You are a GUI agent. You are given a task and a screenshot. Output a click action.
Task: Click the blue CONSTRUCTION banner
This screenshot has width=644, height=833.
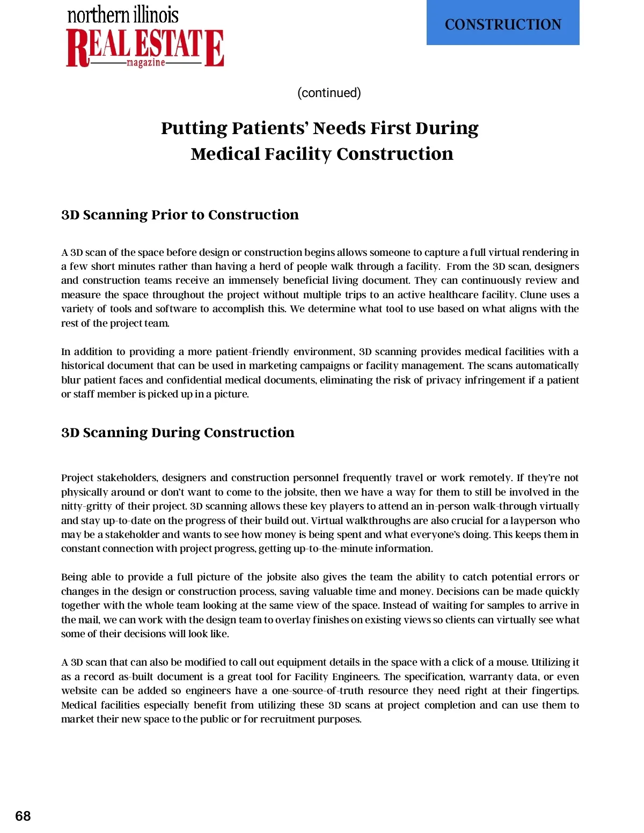coord(503,23)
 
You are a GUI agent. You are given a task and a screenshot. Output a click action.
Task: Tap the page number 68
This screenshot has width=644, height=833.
coord(23,816)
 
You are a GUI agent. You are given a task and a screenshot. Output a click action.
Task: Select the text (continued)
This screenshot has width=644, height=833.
coord(329,93)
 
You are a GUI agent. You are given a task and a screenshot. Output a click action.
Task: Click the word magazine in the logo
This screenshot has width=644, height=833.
coord(145,63)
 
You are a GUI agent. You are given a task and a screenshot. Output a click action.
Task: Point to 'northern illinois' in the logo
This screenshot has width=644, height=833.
coord(123,15)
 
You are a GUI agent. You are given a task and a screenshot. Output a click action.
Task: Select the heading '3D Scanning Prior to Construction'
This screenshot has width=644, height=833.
coord(180,215)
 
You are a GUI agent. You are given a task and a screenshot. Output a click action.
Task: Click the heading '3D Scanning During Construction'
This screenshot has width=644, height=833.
coord(178,432)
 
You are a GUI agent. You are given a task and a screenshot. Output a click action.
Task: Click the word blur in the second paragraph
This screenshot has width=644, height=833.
coord(70,380)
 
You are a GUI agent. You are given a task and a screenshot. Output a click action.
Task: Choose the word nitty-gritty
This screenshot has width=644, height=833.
coord(85,506)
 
